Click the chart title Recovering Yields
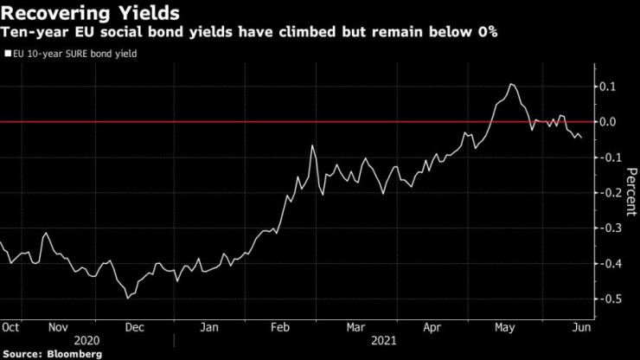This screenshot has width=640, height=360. [x=91, y=13]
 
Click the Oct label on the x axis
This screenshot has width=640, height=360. [x=11, y=328]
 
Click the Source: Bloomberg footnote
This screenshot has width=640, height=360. [x=52, y=354]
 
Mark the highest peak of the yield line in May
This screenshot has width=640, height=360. [x=511, y=84]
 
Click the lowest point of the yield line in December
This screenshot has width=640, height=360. [x=128, y=298]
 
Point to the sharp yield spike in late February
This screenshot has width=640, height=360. [x=311, y=146]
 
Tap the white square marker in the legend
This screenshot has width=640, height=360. [x=8, y=54]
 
